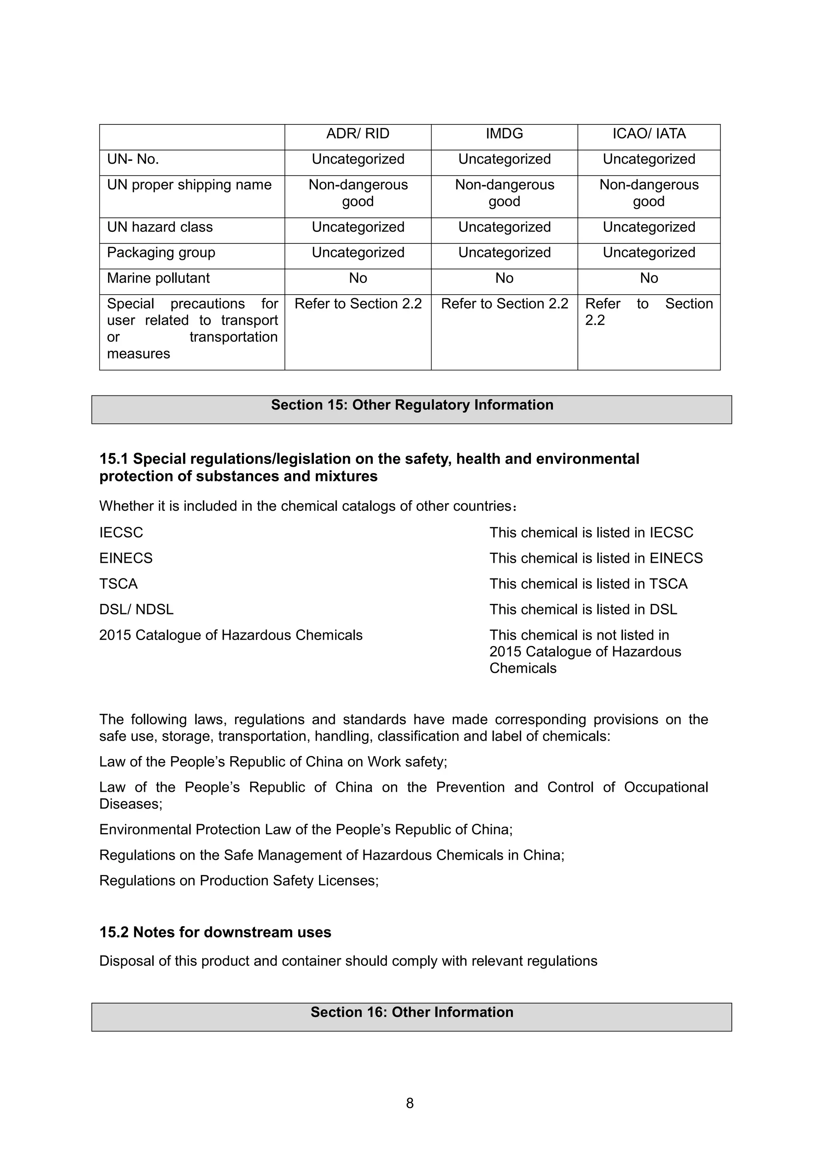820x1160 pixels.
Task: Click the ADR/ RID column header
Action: [358, 134]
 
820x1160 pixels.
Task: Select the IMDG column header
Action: [504, 134]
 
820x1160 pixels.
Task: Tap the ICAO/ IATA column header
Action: [649, 134]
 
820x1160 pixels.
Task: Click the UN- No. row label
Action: [133, 160]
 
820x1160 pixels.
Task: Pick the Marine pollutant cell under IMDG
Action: [504, 278]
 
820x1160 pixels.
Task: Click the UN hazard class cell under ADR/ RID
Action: [358, 227]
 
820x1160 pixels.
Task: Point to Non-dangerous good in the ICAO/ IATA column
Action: [649, 193]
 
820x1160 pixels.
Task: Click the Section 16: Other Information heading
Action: [411, 1012]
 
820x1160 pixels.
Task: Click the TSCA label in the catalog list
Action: [118, 584]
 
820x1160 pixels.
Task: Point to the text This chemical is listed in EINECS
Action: [596, 558]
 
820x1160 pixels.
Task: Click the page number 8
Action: [410, 1104]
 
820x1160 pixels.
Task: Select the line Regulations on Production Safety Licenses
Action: [239, 881]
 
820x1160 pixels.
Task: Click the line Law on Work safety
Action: [273, 761]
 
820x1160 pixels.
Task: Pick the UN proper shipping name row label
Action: [189, 185]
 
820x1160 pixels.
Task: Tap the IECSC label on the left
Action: [121, 532]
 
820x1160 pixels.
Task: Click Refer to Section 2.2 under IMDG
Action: [504, 304]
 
